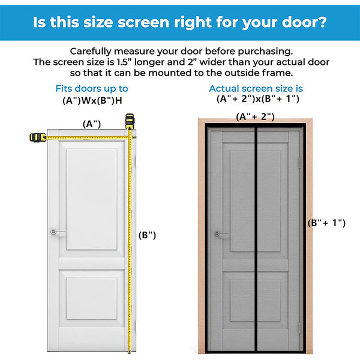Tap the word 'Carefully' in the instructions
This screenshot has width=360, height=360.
tap(94, 52)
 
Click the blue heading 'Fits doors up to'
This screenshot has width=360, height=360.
tap(92, 89)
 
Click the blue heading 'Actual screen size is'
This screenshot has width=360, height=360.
tap(256, 89)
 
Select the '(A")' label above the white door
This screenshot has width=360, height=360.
tap(91, 124)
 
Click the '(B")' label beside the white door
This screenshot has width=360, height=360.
tap(147, 235)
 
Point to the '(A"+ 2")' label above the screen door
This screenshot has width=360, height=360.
tap(254, 116)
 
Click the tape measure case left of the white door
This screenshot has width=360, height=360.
tap(37, 137)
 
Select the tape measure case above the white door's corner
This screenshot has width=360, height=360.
tap(128, 122)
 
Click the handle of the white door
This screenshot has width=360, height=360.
tap(55, 232)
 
